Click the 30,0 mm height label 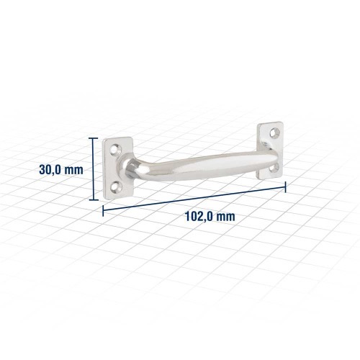pos(61,170)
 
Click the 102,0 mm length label pos(210,216)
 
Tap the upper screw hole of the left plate pos(115,149)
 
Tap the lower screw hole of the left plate pos(116,186)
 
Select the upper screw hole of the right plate pos(275,132)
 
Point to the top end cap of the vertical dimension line pos(94,138)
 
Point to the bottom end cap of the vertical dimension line pos(94,199)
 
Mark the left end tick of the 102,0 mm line pos(103,211)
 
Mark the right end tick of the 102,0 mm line pos(285,187)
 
